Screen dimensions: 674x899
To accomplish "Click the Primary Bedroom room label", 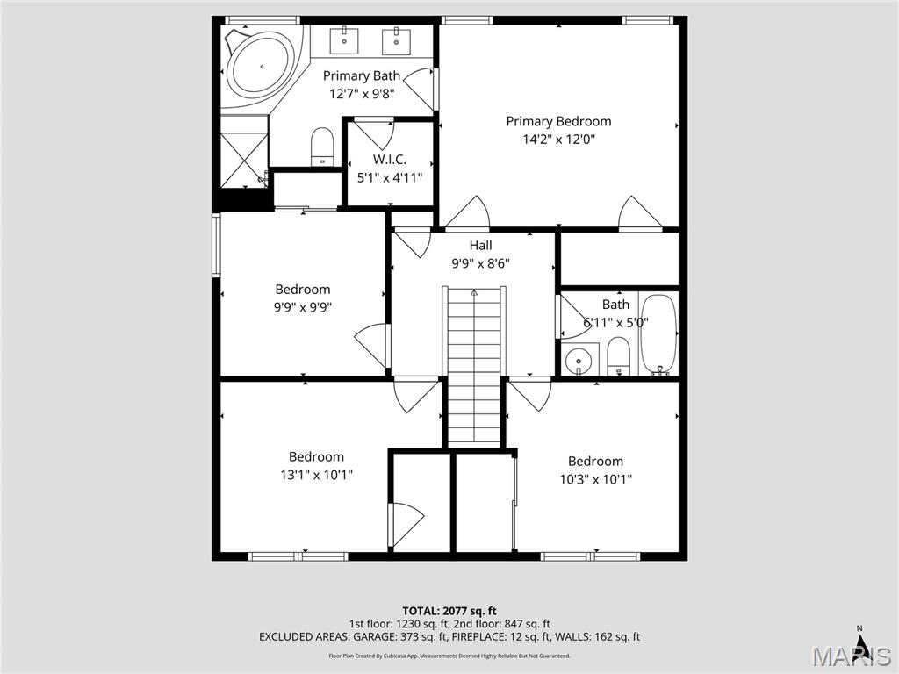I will [558, 122].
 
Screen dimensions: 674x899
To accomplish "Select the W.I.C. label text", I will [389, 160].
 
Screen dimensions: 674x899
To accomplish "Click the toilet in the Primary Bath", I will [323, 147].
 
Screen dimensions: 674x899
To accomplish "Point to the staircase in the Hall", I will [474, 364].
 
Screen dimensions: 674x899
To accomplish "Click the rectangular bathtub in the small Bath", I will [658, 334].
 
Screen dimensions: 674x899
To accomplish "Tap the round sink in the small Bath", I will [578, 360].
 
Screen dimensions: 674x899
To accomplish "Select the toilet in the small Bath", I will [618, 356].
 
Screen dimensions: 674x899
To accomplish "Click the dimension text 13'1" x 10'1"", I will [316, 475].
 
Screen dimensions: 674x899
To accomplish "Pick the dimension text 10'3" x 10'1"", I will [595, 479].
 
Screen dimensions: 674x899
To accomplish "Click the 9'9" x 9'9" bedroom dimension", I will [303, 306].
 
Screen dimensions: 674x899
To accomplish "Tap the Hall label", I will [480, 246].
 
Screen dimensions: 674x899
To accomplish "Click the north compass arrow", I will [861, 645].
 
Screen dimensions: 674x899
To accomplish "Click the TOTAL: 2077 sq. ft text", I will [449, 611].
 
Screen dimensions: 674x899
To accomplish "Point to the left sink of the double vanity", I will [344, 39].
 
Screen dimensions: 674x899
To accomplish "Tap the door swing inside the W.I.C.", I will [375, 133].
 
